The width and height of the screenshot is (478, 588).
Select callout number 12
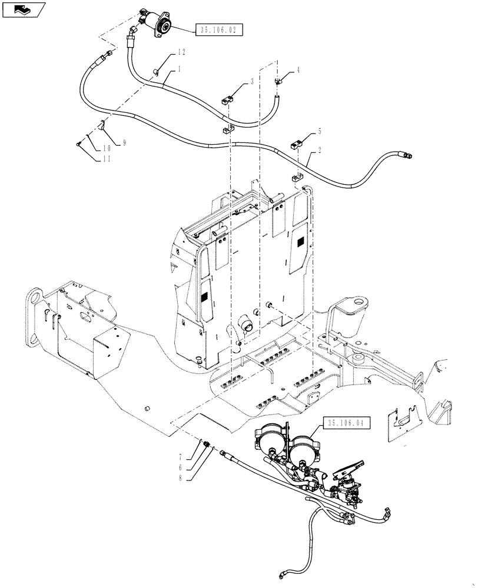coord(181,53)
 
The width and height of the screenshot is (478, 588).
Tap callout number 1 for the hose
coord(178,69)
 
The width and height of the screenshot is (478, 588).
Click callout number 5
coord(320,131)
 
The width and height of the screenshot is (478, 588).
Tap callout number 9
coord(125,143)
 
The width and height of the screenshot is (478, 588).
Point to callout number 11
coord(107,159)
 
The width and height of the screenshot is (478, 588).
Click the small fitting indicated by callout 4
coord(278,81)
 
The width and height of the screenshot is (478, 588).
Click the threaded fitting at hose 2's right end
coord(406,155)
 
